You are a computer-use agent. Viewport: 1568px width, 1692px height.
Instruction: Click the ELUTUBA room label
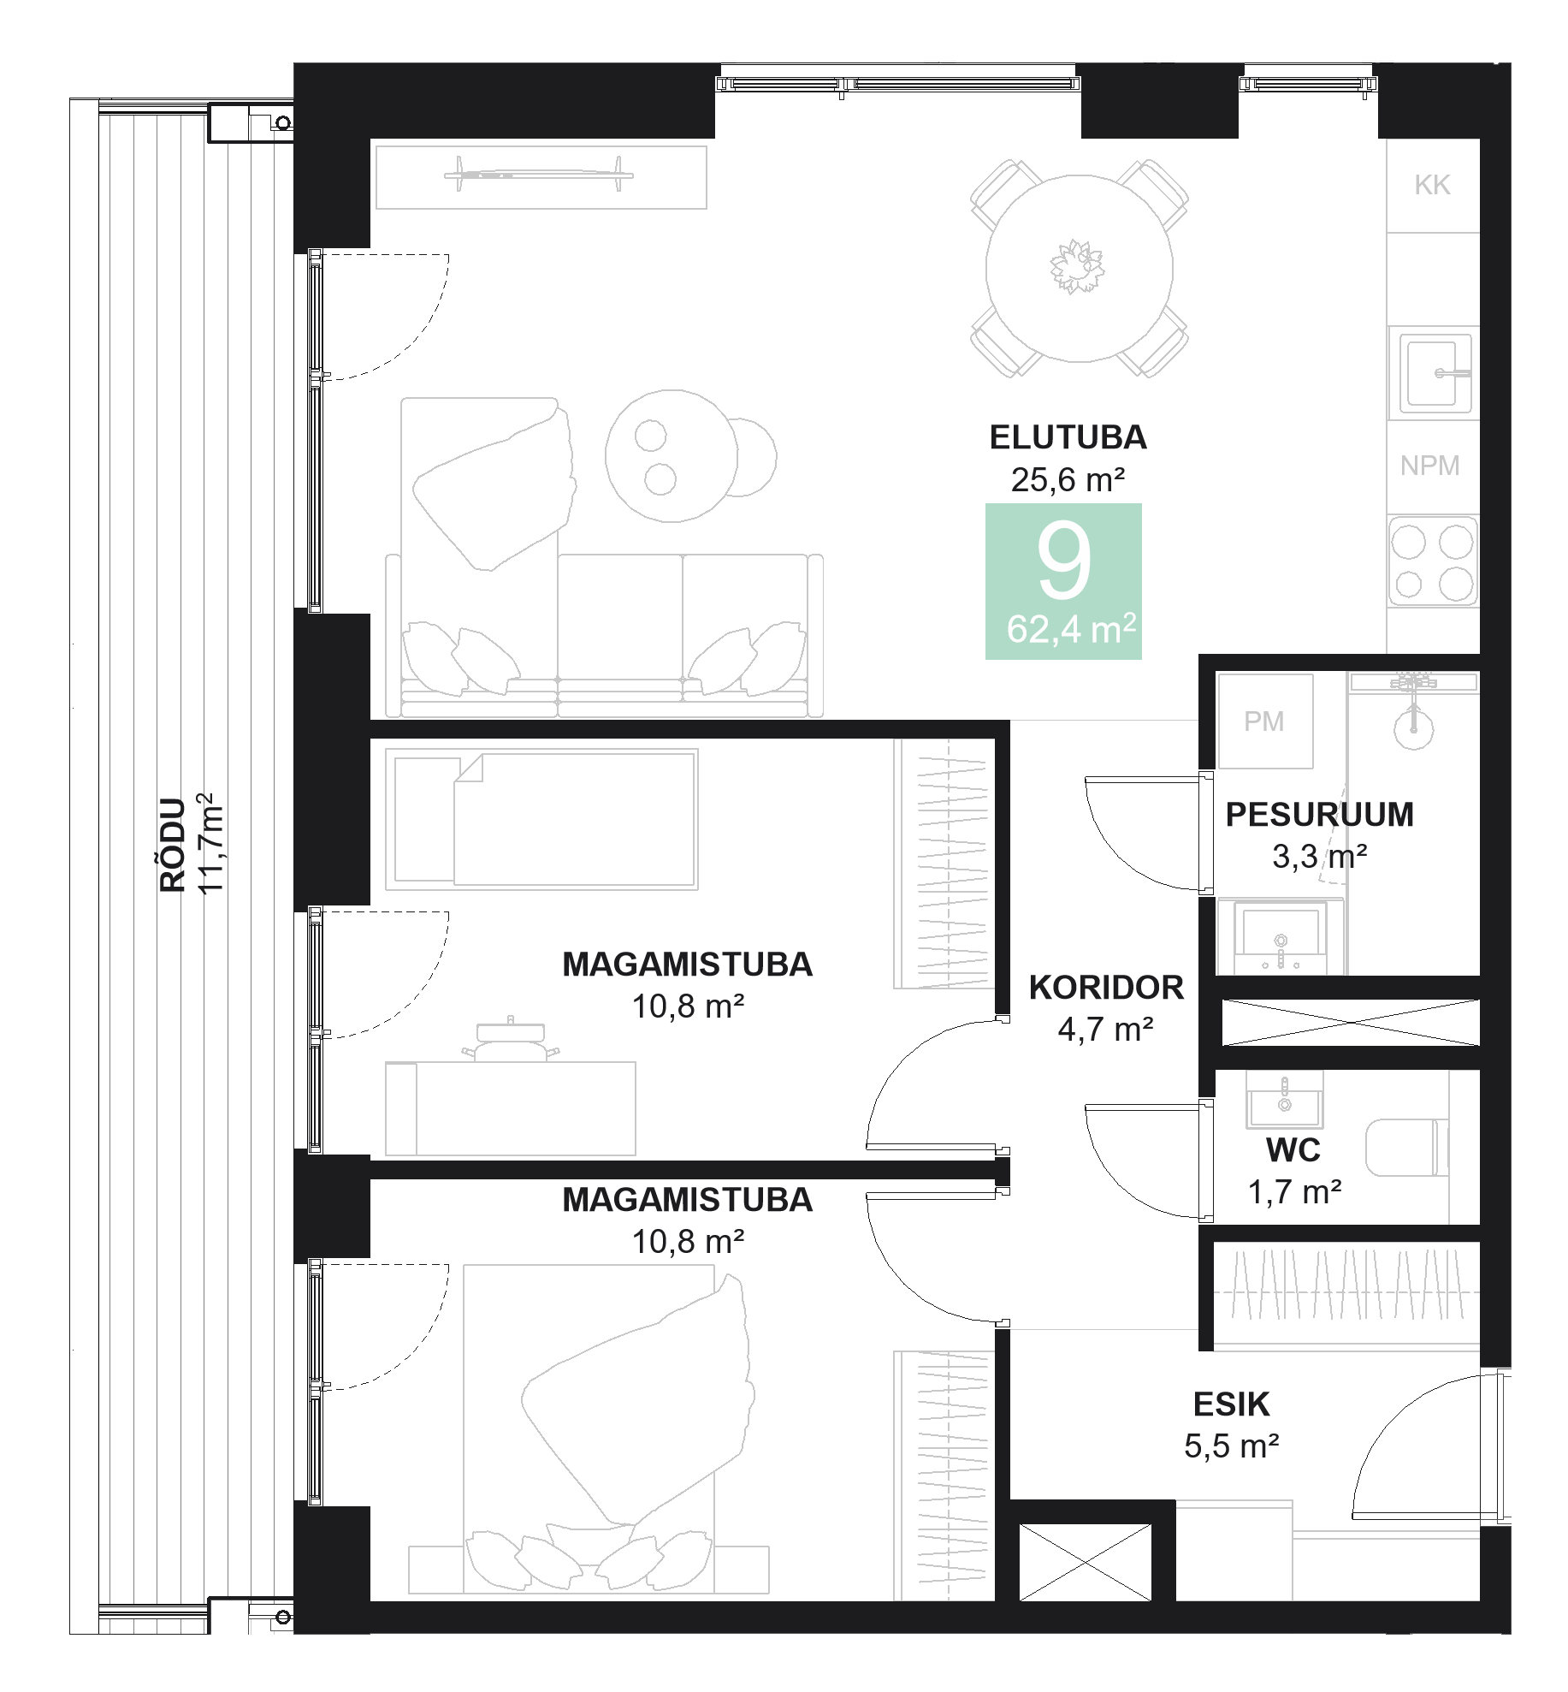(1068, 437)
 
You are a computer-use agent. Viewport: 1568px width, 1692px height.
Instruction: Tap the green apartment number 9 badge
(1063, 581)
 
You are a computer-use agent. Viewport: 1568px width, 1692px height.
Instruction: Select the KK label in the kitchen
(1432, 185)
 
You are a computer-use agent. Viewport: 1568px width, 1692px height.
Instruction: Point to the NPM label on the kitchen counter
(1429, 466)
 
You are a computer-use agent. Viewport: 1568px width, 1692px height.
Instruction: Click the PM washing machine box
(1264, 721)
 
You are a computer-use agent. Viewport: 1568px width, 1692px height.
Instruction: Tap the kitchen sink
(1431, 373)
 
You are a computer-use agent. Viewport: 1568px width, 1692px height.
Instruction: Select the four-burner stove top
(1432, 561)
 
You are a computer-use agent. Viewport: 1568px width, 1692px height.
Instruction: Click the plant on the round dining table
(1077, 266)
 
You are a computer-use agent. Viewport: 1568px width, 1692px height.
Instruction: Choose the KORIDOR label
(1106, 988)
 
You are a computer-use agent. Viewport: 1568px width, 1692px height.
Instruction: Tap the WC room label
(1293, 1150)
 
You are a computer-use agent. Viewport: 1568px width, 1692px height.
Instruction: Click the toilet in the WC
(1406, 1148)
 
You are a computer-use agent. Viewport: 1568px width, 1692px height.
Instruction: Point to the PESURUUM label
(1319, 815)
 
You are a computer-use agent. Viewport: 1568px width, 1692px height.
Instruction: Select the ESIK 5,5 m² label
(1231, 1425)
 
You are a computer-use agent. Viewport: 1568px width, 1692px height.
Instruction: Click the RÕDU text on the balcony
(173, 845)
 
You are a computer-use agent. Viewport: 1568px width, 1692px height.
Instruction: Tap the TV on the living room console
(539, 175)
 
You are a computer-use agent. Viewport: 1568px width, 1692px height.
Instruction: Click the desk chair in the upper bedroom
(511, 1041)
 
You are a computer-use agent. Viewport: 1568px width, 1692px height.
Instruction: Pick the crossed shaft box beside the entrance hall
(1085, 1562)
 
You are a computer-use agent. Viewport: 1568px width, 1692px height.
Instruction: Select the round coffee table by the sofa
(672, 456)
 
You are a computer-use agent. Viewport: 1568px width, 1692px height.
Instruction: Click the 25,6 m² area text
(1068, 480)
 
